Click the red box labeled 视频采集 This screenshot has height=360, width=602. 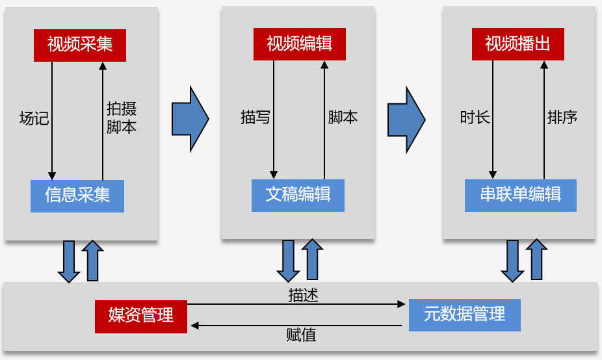pos(80,44)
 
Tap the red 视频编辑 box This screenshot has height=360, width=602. pos(299,44)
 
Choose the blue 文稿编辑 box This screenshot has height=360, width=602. pos(298,195)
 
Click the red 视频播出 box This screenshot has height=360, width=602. pos(517,44)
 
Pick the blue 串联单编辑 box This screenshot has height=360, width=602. pos(520,195)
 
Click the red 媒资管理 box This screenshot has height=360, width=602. pos(141,316)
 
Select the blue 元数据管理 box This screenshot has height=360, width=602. pos(464,315)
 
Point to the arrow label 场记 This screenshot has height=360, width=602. pos(34,118)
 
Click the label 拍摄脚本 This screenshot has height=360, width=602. pos(122,118)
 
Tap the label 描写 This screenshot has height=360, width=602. pos(255,118)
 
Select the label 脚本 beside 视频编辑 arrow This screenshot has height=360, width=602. pos(343,118)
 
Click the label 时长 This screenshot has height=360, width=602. pos(475,118)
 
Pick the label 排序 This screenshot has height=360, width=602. pos(562,118)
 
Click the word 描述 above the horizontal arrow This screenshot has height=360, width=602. pos(303,294)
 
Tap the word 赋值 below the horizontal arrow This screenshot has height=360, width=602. pos(301,335)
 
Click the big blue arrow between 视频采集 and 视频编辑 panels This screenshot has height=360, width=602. pos(190,118)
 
